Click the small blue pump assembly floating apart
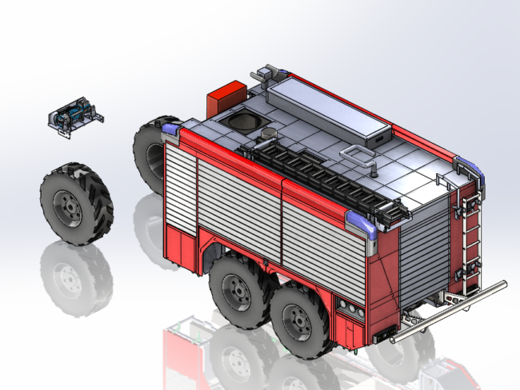pyautogui.click(x=75, y=117)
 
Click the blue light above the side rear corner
pyautogui.click(x=363, y=223)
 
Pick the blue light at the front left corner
pyautogui.click(x=171, y=128)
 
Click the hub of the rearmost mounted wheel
pyautogui.click(x=298, y=322)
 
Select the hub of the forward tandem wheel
pyautogui.click(x=238, y=291)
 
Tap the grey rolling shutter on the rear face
pyautogui.click(x=424, y=248)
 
